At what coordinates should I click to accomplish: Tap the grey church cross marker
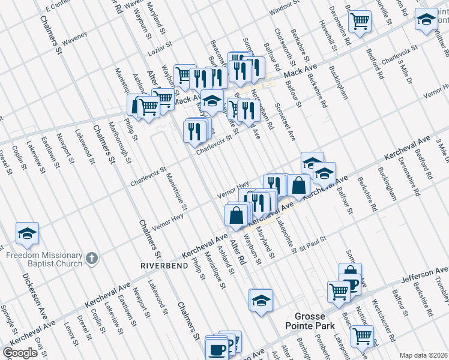click(x=91, y=259)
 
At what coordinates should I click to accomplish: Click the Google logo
click(x=20, y=353)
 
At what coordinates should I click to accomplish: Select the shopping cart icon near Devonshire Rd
click(x=360, y=22)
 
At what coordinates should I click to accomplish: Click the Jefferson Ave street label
click(x=427, y=275)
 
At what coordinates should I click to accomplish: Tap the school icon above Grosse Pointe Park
click(x=261, y=301)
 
